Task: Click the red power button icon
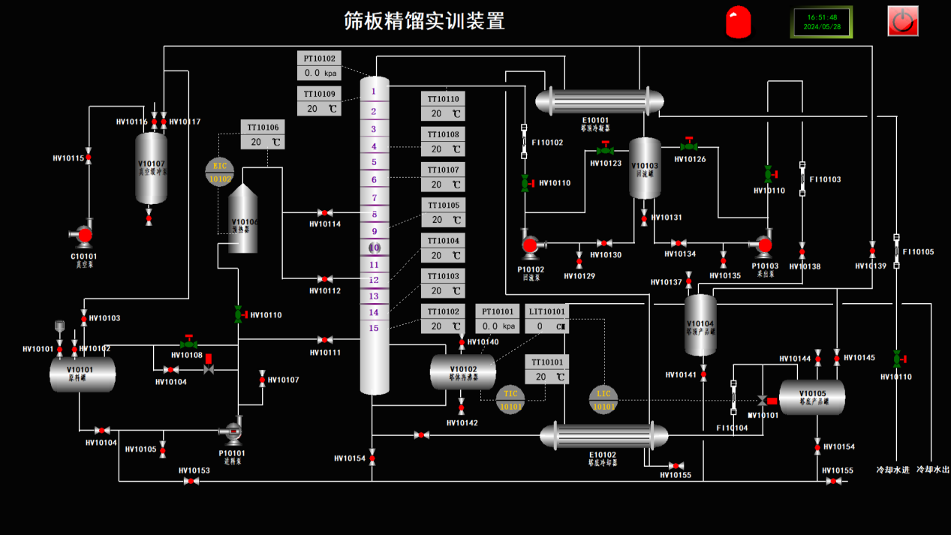[903, 21]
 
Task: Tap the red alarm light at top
[739, 22]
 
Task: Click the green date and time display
[822, 22]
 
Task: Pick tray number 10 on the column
[375, 248]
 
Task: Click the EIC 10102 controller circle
[220, 172]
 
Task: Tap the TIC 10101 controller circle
[511, 400]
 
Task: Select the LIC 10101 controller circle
[603, 400]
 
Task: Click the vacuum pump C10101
[84, 236]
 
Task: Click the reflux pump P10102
[530, 245]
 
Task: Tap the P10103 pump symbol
[764, 244]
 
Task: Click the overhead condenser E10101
[599, 101]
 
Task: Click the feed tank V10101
[83, 374]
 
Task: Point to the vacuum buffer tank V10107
[151, 168]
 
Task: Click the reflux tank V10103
[645, 167]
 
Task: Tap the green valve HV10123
[605, 150]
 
